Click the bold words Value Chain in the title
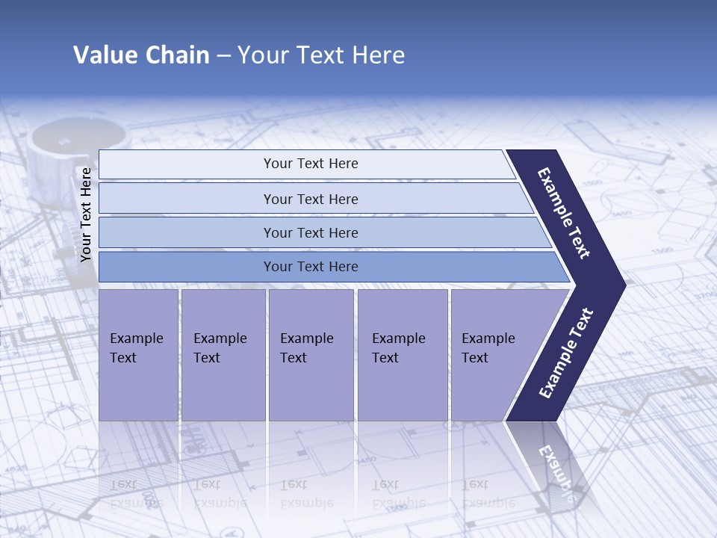pos(141,55)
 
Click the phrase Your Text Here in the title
pos(321,55)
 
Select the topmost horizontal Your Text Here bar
pos(310,164)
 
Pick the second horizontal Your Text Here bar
pos(310,199)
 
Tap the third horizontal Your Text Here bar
pos(310,232)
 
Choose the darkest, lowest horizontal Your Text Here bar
pos(310,266)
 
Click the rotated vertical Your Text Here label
pos(86,214)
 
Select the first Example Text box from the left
pos(138,354)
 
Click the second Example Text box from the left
pos(223,354)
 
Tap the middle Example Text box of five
pos(311,354)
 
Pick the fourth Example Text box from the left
pos(403,354)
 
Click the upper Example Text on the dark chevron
pos(565,213)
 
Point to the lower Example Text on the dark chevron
pos(566,353)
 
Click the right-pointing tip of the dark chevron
pos(621,285)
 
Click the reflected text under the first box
pos(135,493)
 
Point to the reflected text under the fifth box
pos(487,493)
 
